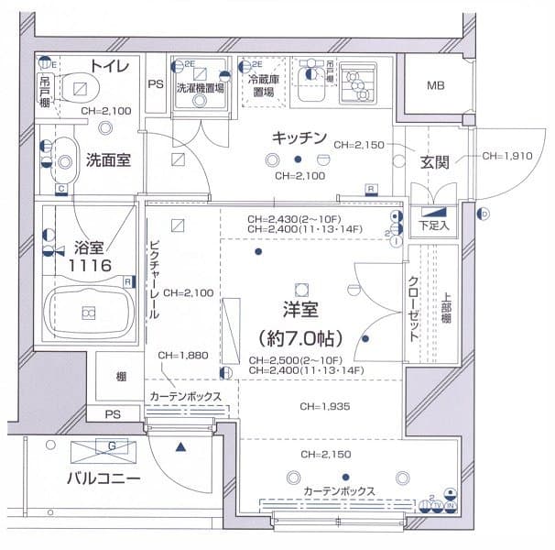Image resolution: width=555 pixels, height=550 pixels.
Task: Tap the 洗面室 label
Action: [108, 159]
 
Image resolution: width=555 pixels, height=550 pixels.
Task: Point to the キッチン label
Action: [299, 138]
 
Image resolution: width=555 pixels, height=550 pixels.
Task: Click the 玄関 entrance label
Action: [434, 161]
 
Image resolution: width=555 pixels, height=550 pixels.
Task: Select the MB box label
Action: [435, 87]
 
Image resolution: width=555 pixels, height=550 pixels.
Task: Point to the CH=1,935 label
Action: [325, 406]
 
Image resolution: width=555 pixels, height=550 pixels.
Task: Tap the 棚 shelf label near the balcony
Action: [121, 377]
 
